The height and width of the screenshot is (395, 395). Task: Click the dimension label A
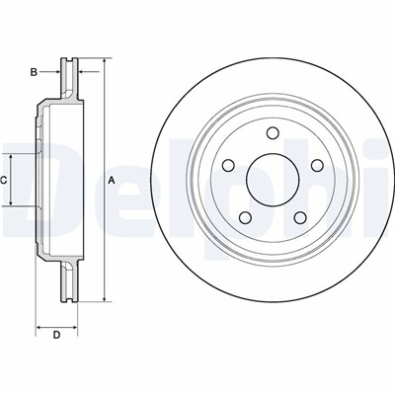[112, 180]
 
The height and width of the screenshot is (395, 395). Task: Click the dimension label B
[34, 72]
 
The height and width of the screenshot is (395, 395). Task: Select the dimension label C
[3, 180]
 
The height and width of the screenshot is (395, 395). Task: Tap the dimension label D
[56, 336]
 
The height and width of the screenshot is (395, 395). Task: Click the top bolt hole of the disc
[272, 133]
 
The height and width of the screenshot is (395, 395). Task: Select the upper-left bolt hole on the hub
[228, 165]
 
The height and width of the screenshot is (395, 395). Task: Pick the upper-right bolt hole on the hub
[317, 165]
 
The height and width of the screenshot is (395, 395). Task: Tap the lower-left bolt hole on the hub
[245, 217]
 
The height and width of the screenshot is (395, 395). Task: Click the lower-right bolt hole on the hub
[300, 217]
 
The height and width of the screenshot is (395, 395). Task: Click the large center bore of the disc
[273, 180]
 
